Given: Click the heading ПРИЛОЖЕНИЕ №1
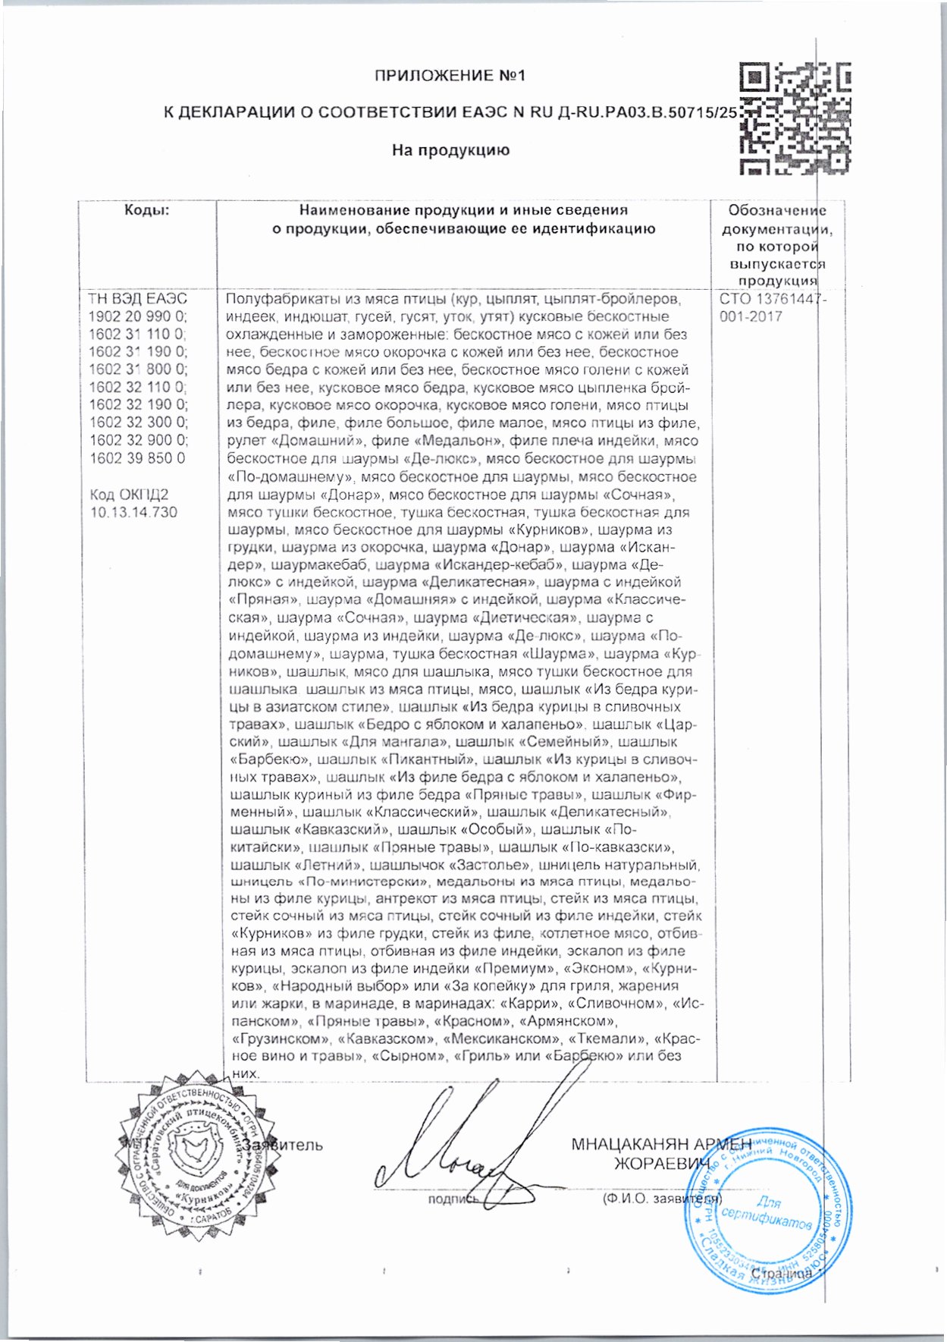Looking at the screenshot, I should pos(450,76).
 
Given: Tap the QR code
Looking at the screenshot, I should pos(794,118).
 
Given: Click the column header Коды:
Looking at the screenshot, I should pos(147,211).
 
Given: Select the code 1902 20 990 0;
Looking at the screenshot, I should pos(138,316).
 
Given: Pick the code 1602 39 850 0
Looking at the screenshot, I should pos(137,458).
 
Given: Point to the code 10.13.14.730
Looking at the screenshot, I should pos(133,512).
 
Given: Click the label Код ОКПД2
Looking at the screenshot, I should pos(129,495).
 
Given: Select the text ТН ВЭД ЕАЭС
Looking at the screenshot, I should pos(138,299).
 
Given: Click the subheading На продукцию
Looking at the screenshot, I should pos(450,150).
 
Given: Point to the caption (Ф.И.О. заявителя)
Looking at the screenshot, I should pos(660,1199).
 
